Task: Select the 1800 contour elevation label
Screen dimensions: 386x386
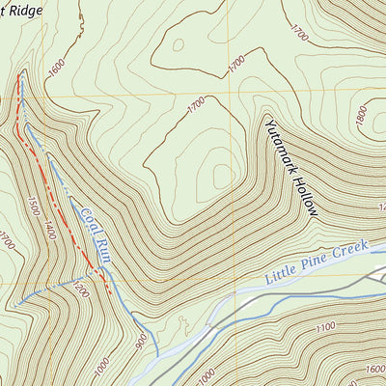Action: [x=360, y=116]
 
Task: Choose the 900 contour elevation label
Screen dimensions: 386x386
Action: [x=143, y=339]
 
